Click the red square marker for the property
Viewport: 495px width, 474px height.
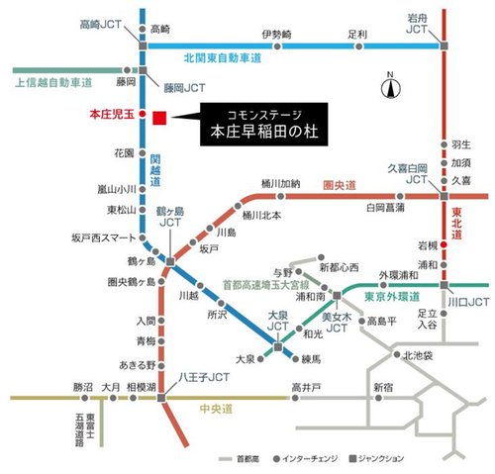point(159,120)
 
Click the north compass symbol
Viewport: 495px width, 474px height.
point(391,87)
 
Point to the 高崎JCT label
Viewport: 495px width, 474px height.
point(97,20)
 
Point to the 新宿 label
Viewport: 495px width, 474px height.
point(382,385)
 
